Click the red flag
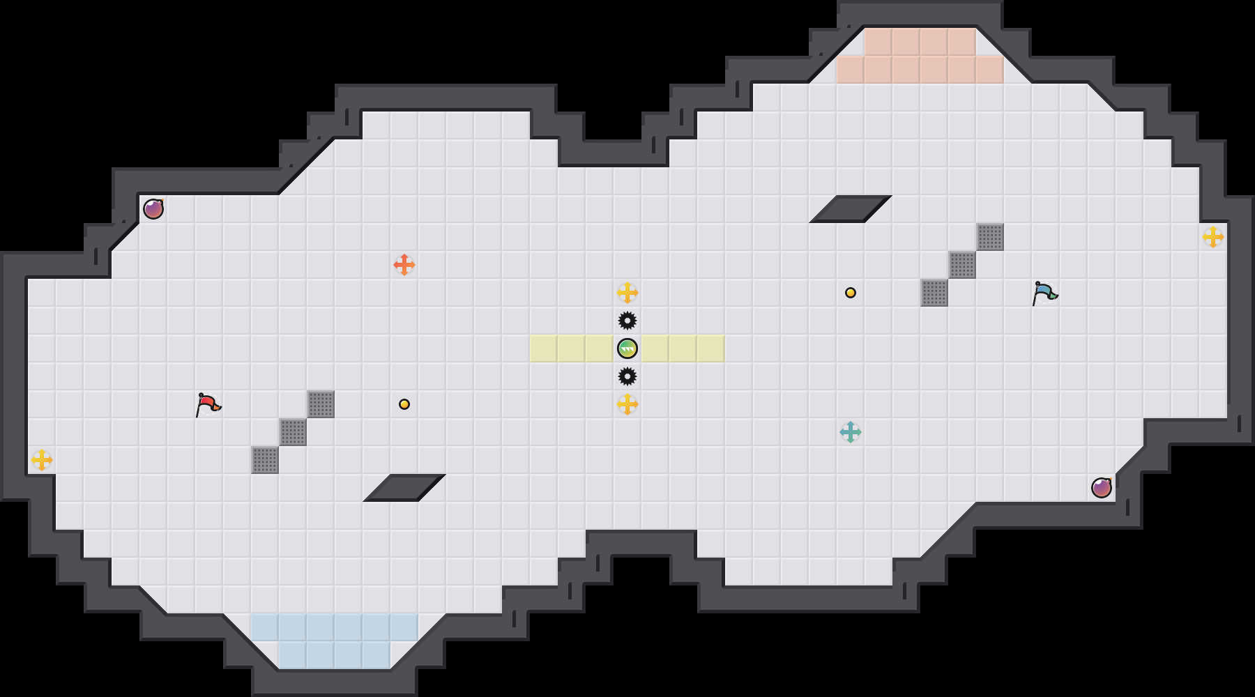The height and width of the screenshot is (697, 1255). [208, 404]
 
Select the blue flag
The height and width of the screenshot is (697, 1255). [1044, 293]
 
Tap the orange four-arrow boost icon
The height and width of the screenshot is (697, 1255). [404, 265]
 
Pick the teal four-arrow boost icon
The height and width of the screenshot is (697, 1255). [851, 432]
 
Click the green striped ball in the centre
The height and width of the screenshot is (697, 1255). [627, 348]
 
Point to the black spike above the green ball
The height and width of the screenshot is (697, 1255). [627, 321]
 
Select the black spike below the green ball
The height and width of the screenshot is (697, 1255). [627, 376]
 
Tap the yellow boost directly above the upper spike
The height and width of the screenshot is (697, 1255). [627, 293]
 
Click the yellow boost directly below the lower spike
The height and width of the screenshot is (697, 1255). [627, 404]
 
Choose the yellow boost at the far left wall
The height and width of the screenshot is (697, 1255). [42, 460]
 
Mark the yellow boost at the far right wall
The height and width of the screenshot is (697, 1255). [1213, 237]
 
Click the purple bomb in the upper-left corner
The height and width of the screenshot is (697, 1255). [153, 209]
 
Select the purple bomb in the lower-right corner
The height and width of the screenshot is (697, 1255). [1102, 488]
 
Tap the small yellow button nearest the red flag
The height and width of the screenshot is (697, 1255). [404, 404]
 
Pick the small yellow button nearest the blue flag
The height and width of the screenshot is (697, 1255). [851, 293]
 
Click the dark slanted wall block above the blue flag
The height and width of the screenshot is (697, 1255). [851, 209]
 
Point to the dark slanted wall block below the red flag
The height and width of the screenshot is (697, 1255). [404, 488]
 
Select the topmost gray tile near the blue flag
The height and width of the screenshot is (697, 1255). [990, 237]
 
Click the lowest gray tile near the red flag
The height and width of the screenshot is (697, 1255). [265, 460]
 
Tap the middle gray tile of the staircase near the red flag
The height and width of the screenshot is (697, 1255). [293, 432]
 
